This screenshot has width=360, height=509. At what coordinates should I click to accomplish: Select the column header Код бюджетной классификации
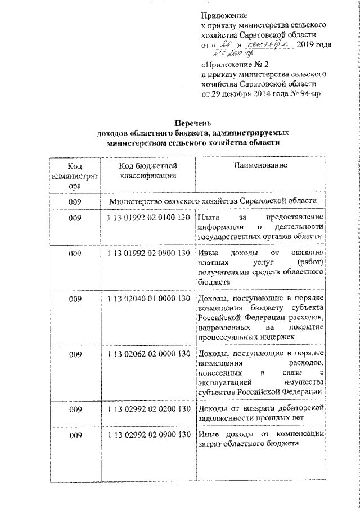[148, 170]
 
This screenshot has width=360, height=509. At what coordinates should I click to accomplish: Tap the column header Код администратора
[74, 175]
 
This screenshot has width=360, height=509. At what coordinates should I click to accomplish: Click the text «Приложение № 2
[231, 65]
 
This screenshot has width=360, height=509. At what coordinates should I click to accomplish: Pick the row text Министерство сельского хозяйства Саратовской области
[213, 200]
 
